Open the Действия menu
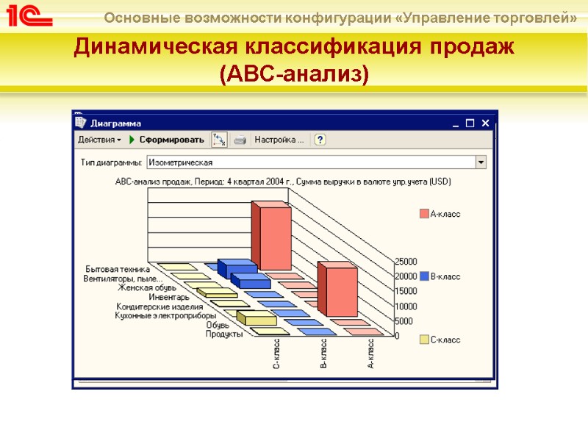pos(98,140)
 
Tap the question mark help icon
pos(320,140)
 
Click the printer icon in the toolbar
pos(240,140)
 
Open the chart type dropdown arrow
pos(481,162)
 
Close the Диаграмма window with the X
pos(486,123)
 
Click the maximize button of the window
pos(470,123)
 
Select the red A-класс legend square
pos(424,214)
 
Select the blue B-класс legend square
pos(424,276)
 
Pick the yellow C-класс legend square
pos(424,340)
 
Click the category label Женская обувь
pos(146,288)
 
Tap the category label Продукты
pos(224,334)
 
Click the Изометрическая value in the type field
pos(181,162)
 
